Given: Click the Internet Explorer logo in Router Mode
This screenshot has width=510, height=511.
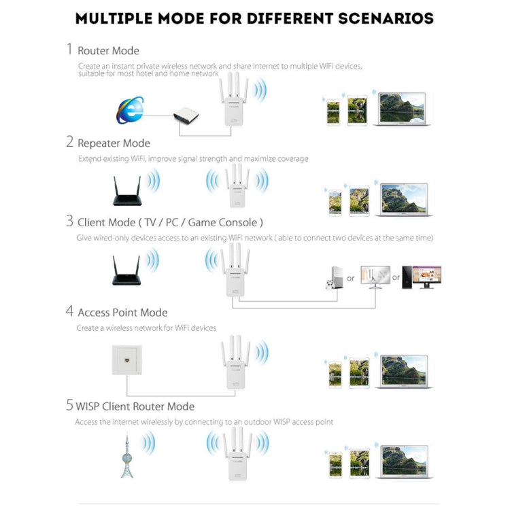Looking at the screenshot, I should click(x=130, y=111).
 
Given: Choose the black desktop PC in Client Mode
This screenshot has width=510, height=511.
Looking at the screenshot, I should click(x=422, y=277).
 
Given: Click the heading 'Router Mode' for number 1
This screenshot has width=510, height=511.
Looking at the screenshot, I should click(x=108, y=51).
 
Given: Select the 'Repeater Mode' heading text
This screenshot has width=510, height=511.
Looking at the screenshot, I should click(x=114, y=143).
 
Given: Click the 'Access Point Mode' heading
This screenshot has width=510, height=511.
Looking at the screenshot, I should click(x=122, y=313).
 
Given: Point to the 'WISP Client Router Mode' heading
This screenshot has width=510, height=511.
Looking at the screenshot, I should click(x=136, y=406).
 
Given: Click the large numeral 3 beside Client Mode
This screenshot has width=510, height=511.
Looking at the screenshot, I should click(x=69, y=222).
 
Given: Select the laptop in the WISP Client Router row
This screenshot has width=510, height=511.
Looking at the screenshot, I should click(x=404, y=462).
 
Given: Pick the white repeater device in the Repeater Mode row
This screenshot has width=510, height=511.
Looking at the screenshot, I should click(x=236, y=189).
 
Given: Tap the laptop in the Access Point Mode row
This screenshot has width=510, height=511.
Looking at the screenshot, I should click(x=404, y=371).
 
